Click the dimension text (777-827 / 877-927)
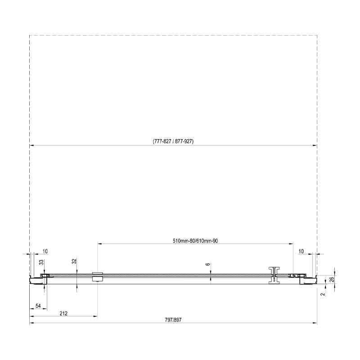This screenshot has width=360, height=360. tap(173, 141)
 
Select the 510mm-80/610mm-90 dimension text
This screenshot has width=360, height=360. tap(195, 241)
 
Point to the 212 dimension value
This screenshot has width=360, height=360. tap(63, 313)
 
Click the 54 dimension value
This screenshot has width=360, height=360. tap(38, 306)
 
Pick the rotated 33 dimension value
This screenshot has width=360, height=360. tap(41, 262)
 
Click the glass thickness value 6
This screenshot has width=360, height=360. tap(208, 265)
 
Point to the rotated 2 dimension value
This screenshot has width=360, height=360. tap(323, 294)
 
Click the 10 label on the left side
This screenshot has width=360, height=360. tap(45, 251)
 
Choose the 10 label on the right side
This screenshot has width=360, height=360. tap(301, 251)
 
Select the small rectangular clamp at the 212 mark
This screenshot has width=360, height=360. tap(97, 276)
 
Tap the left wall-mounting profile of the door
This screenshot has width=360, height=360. tap(38, 279)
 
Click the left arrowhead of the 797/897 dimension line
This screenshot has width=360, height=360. tap(31, 323)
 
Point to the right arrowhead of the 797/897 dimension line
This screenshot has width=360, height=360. tap(315, 323)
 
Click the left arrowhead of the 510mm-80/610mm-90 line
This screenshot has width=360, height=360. tap(99, 244)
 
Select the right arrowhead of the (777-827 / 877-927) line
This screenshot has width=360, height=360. tap(315, 145)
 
